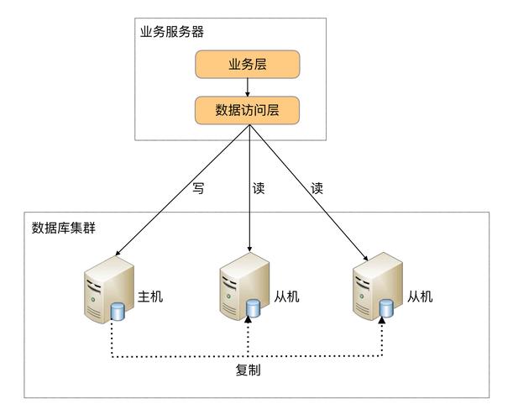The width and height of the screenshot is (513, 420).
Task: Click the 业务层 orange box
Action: [247, 65]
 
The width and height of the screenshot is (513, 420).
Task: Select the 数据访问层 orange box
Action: [247, 109]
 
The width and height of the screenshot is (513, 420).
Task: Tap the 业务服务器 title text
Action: [171, 32]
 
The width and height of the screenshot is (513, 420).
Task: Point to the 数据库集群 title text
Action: [63, 228]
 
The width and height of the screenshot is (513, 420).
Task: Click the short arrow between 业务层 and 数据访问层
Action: [248, 87]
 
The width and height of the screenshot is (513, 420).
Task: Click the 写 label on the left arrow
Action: [197, 188]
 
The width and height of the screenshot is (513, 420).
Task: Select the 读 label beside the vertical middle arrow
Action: [259, 188]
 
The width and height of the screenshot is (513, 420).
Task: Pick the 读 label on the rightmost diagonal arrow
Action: [317, 188]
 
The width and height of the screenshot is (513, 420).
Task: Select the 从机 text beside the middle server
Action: [285, 297]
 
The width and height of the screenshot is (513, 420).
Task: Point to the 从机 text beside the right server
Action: [419, 297]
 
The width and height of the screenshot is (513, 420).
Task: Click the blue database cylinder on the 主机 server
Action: [118, 312]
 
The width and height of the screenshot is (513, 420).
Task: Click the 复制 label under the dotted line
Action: [248, 370]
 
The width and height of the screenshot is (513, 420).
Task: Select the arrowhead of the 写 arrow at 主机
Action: [118, 251]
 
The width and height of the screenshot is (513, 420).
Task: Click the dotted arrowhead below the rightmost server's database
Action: [383, 324]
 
